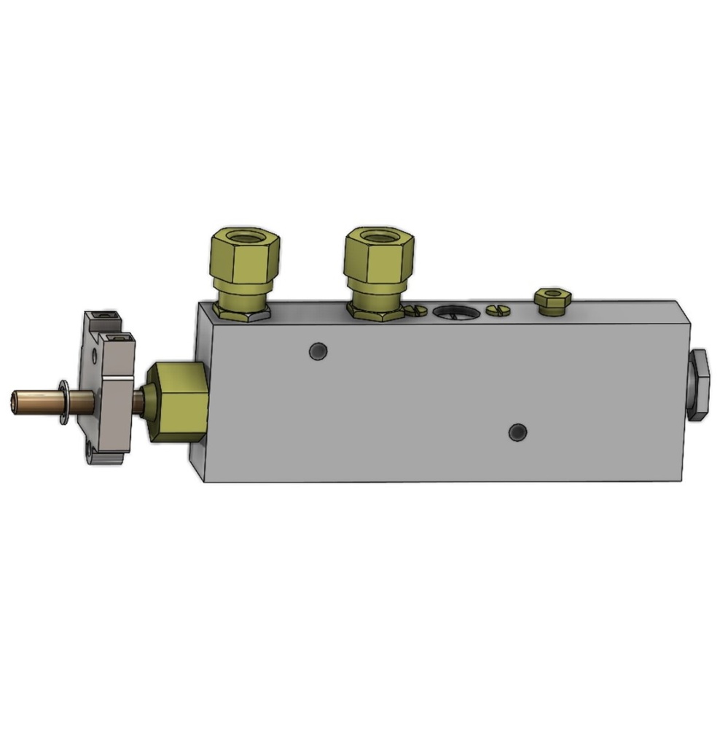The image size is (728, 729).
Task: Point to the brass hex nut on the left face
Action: click(x=177, y=402)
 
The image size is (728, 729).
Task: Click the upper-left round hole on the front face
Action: click(x=317, y=351)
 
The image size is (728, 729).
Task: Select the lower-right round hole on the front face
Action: click(x=517, y=432)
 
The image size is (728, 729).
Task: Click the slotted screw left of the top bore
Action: click(x=418, y=311)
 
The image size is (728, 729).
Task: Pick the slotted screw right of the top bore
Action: click(x=498, y=311)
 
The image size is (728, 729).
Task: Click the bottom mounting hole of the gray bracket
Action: click(x=90, y=451)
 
